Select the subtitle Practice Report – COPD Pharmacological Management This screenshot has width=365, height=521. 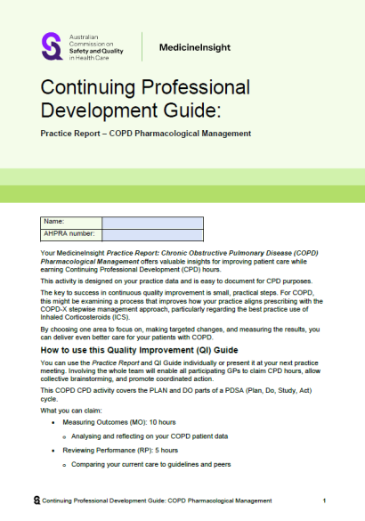[x=146, y=134]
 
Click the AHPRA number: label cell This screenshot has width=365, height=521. [x=71, y=235]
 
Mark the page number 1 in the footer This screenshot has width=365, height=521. [x=325, y=501]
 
